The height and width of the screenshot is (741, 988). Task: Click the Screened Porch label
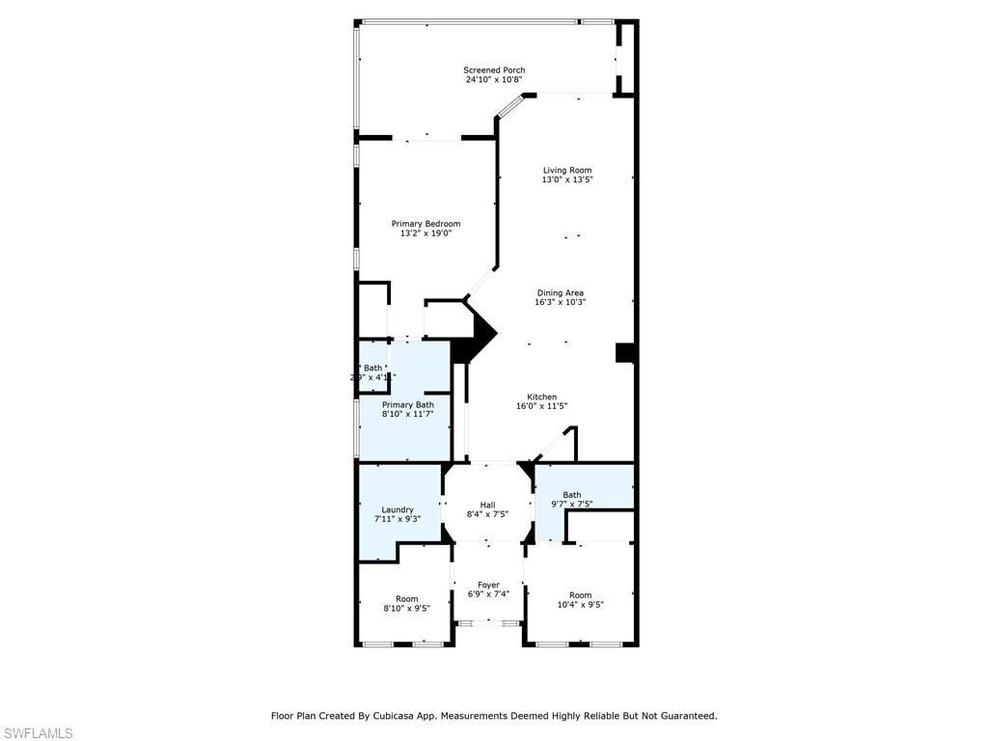coord(494,70)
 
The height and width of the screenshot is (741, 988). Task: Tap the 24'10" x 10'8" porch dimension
coord(494,80)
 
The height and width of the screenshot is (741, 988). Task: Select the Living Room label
coord(566,170)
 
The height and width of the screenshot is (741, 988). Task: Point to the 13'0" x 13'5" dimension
coord(566,179)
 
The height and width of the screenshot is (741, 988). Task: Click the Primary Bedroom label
coord(425,224)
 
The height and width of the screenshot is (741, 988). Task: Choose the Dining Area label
coord(561,293)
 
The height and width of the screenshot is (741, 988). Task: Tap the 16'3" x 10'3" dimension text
coord(561,303)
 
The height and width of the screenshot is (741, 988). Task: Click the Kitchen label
coord(541,397)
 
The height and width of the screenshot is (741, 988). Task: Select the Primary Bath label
coord(408,405)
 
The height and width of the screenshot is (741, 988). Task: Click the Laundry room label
coord(398,509)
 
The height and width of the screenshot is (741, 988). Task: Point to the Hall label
coord(487,505)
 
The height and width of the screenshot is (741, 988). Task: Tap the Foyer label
coord(488,585)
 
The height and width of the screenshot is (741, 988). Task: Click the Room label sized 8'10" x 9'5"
coord(406,599)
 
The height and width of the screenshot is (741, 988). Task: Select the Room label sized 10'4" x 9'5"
coord(580,595)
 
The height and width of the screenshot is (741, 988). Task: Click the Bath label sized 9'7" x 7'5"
coord(572,495)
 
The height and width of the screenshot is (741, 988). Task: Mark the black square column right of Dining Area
coord(624,353)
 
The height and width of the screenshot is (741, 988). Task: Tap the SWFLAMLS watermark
coord(37,734)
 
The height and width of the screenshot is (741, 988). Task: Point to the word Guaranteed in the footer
coord(685,716)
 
